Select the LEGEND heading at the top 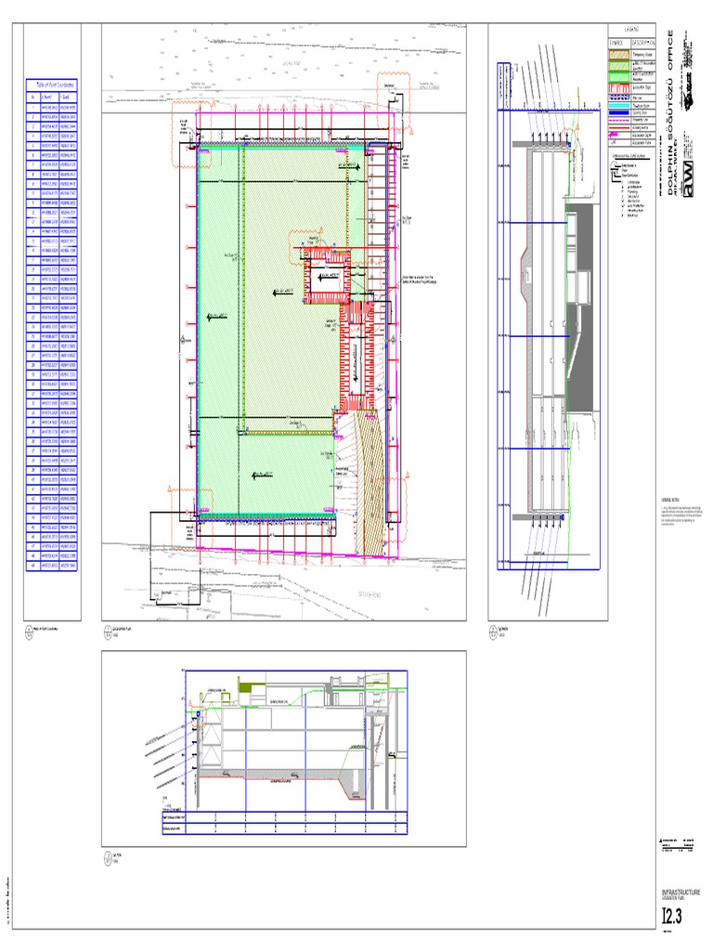click(631, 31)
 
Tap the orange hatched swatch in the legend click(618, 55)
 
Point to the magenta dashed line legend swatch click(618, 119)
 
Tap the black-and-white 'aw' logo click(690, 177)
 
